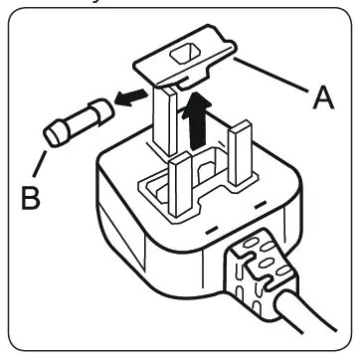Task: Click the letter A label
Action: [323, 98]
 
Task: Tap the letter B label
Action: [31, 198]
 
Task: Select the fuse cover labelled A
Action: [185, 59]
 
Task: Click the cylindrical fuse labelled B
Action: [79, 122]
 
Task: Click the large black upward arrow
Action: [197, 120]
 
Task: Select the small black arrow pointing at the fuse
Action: [131, 97]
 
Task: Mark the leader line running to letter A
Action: [271, 74]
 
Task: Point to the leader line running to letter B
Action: [40, 163]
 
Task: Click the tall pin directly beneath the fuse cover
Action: [165, 119]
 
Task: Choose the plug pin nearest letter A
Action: [241, 153]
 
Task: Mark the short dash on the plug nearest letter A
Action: [261, 204]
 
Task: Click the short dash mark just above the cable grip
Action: [212, 230]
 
